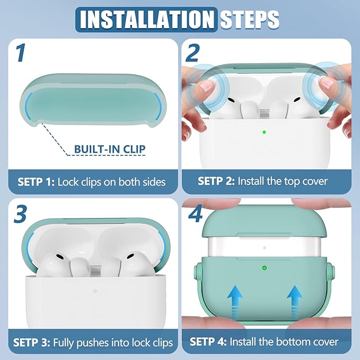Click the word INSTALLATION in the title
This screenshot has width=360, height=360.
click(147, 20)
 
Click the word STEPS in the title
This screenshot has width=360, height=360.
click(249, 20)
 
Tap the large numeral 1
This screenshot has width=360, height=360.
click(21, 53)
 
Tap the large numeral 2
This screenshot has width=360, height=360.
click(192, 53)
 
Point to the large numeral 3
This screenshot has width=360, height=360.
click(20, 214)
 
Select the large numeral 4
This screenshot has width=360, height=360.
click(196, 214)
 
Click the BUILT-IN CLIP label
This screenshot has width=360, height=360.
click(110, 149)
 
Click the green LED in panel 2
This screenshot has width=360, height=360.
click(264, 132)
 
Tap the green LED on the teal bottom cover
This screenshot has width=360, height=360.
click(265, 268)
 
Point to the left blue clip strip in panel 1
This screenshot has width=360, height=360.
click(27, 106)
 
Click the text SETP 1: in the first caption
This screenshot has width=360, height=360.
click(36, 182)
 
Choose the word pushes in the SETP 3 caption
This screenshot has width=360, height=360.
click(93, 343)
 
